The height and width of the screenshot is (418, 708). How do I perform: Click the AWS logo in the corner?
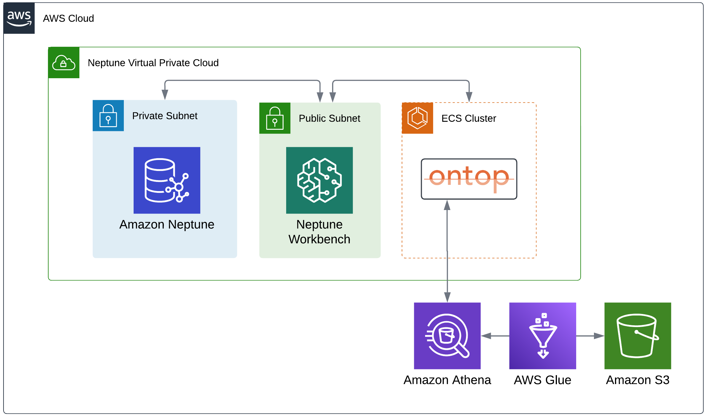[19, 18]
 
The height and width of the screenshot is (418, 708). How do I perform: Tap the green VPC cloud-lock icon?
[64, 63]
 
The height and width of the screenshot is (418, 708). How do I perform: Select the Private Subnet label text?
[165, 116]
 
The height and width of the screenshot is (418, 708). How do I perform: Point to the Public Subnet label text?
[329, 118]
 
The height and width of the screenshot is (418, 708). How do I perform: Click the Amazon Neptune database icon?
[167, 180]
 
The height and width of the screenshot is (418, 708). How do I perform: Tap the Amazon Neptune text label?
[166, 225]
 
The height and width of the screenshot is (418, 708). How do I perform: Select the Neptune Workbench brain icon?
[319, 180]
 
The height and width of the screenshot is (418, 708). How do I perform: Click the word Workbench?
[319, 239]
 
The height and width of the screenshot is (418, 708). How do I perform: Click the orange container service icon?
[417, 118]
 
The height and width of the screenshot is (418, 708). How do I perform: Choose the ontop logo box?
[469, 179]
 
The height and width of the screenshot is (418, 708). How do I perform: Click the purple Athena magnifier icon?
[447, 336]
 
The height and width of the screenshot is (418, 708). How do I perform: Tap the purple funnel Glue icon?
[542, 336]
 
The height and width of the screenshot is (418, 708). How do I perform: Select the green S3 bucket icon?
[637, 336]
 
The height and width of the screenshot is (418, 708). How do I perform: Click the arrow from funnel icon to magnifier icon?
[495, 336]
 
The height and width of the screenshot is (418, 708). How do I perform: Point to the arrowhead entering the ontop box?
[447, 205]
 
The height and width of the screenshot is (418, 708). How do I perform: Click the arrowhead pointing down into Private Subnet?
[165, 95]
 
